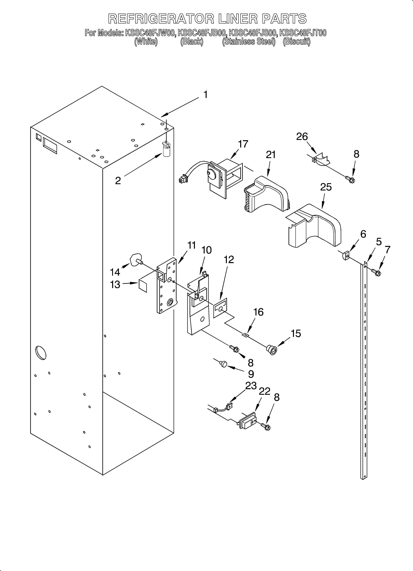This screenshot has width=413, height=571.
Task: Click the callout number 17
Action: [243, 144]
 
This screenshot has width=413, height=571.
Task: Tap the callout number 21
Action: [271, 155]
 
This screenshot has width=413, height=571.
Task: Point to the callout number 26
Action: [302, 137]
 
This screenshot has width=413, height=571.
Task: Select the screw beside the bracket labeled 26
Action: [350, 179]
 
